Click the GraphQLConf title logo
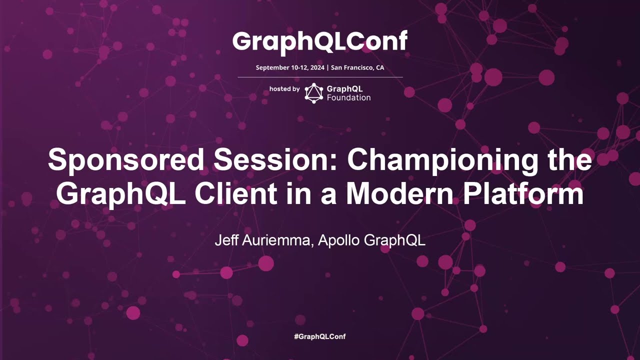coord(320,42)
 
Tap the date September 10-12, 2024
coord(290,67)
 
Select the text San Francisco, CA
coord(357,67)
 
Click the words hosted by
coord(284,89)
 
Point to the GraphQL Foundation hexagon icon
coord(313,93)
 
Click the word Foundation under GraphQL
coord(348,97)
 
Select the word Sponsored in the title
coord(125,160)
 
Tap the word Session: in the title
coord(275,159)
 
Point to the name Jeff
coord(226,240)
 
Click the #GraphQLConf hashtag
coord(320,336)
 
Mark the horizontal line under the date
coord(320,77)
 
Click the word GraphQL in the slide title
coord(120,195)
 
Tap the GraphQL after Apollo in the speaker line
coord(394,241)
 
